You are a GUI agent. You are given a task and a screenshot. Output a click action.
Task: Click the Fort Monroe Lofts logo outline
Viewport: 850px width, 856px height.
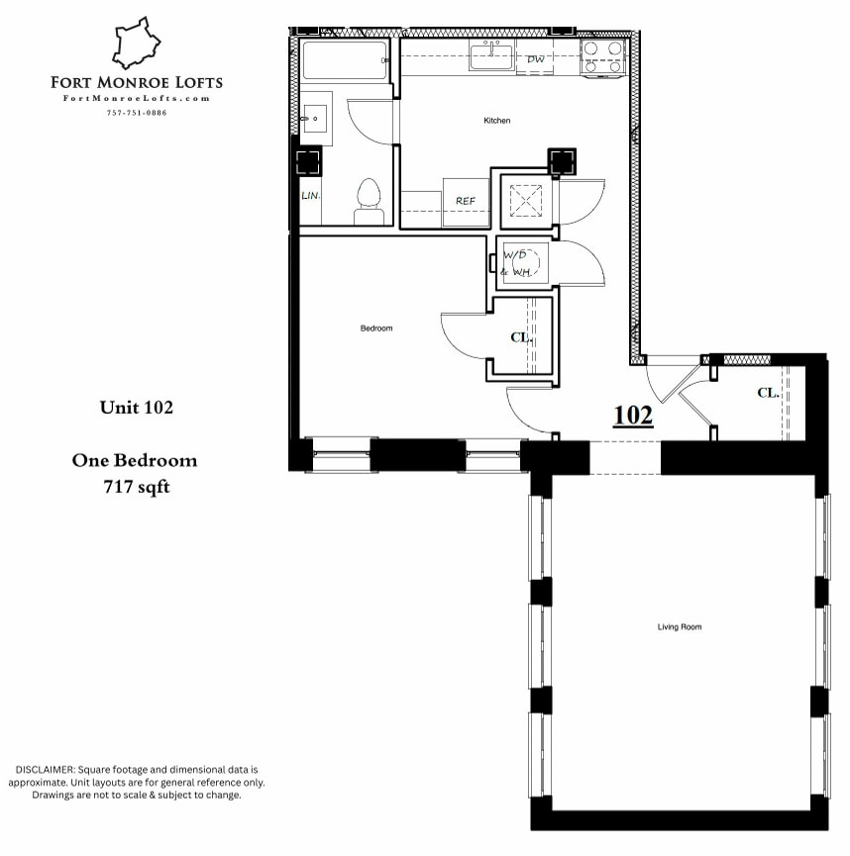point(136,44)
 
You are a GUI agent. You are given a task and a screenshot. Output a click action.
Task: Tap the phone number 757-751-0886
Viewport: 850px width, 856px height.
point(137,112)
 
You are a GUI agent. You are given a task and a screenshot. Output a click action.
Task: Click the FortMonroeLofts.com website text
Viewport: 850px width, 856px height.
point(137,98)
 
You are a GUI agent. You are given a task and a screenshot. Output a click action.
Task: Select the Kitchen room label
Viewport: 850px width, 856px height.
point(496,121)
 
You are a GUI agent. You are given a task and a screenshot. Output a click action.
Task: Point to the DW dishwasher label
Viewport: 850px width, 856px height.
point(536,59)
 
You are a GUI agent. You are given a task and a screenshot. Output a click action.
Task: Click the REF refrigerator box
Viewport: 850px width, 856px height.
point(466,201)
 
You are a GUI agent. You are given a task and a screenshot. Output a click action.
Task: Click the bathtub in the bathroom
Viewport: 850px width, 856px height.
point(346,60)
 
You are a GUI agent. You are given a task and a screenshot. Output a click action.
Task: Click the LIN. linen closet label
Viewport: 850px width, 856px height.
point(310,196)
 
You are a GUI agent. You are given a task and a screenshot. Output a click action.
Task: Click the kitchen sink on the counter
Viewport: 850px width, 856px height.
point(491,57)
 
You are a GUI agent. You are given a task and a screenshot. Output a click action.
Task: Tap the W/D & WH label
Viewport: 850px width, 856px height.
point(519,262)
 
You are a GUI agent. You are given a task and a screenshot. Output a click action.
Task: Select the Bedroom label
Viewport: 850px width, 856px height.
point(375,329)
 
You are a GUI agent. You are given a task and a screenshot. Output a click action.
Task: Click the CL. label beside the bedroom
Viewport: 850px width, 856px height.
point(521,337)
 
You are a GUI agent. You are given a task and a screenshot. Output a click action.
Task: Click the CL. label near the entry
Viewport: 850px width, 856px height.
point(768,393)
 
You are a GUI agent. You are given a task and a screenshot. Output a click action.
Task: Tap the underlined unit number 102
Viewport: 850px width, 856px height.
point(633,416)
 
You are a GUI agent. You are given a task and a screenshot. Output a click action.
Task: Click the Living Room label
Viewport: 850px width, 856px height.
point(679,627)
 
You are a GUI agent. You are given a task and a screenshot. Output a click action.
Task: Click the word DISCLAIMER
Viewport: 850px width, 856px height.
point(46,769)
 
